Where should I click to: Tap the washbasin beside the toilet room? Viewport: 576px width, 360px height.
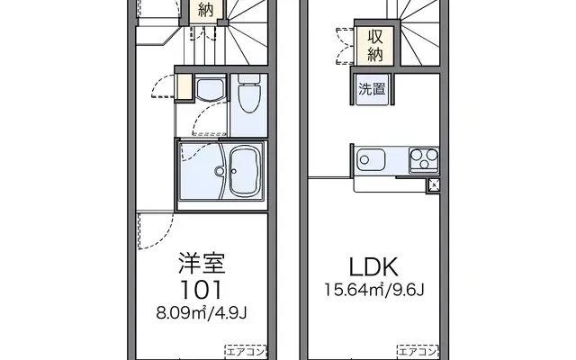(x=209, y=91)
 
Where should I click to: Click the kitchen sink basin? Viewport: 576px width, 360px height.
(x=370, y=162)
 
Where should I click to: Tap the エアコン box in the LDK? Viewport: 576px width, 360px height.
(x=418, y=350)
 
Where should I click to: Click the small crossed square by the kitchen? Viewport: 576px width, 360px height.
(x=434, y=184)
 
